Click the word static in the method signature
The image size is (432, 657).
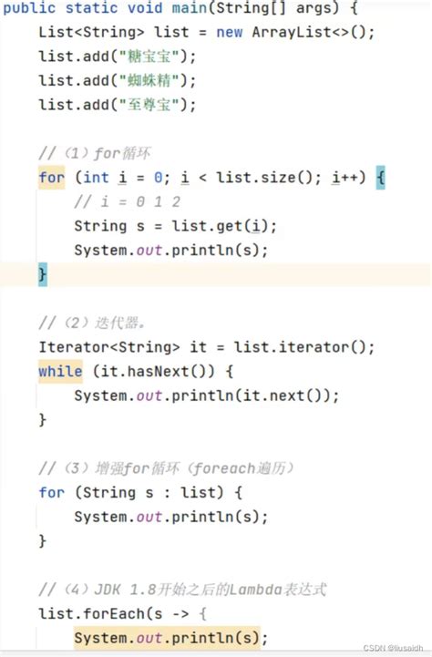pyautogui.click(x=87, y=8)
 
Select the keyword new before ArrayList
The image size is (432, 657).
pyautogui.click(x=229, y=32)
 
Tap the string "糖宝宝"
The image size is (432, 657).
pyautogui.click(x=149, y=56)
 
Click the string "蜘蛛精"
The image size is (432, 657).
pyautogui.click(x=149, y=80)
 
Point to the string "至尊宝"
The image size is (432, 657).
pyautogui.click(x=149, y=105)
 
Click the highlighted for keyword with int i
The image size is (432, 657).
pyautogui.click(x=52, y=178)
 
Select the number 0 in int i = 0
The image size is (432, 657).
pyautogui.click(x=158, y=178)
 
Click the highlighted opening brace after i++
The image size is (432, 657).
pyautogui.click(x=380, y=178)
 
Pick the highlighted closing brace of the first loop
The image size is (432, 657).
pyautogui.click(x=43, y=274)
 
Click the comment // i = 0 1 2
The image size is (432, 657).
pyautogui.click(x=127, y=202)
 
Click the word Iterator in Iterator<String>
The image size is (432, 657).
pyautogui.click(x=74, y=347)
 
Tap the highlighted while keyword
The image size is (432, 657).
pyautogui.click(x=60, y=372)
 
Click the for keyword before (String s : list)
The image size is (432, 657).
pyautogui.click(x=52, y=493)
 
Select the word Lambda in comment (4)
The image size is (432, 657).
pyautogui.click(x=255, y=590)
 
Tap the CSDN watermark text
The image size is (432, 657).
pyautogui.click(x=393, y=648)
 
